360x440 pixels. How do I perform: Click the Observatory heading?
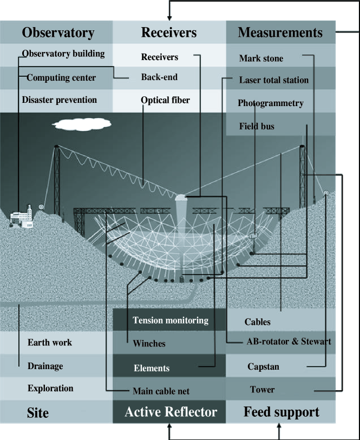tap(57, 32)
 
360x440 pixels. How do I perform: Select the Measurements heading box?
tap(280, 32)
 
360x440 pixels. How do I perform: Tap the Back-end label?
tap(159, 77)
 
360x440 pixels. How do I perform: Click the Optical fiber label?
tap(165, 100)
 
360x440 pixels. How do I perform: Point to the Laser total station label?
tap(273, 80)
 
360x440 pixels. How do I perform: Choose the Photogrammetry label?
tap(270, 103)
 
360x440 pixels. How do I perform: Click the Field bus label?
tap(257, 127)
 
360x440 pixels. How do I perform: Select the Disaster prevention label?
tap(59, 100)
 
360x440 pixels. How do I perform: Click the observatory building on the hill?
tap(22, 217)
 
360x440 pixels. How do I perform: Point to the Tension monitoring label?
tap(170, 320)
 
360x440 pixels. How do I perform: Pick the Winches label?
tap(149, 344)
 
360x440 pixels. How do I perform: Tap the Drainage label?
tap(45, 366)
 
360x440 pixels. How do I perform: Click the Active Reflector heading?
tap(170, 412)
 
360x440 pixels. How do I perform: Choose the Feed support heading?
tap(281, 412)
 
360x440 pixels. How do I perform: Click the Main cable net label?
tap(161, 391)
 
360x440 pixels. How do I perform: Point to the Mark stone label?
tap(260, 58)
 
